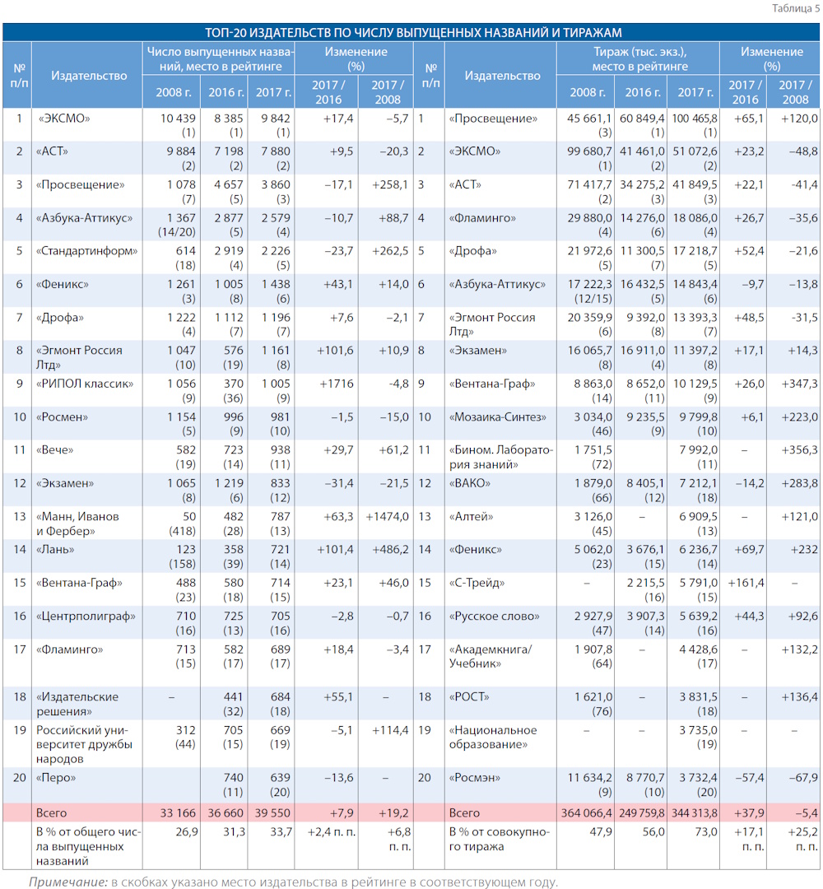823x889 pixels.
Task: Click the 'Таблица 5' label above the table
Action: pyautogui.click(x=795, y=8)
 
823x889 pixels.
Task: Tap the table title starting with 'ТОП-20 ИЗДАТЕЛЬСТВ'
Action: pyautogui.click(x=412, y=32)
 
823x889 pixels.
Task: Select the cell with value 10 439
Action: pyautogui.click(x=178, y=119)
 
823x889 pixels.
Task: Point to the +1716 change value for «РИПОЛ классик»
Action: pyautogui.click(x=337, y=384)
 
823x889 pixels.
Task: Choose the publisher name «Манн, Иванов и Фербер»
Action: pyautogui.click(x=77, y=524)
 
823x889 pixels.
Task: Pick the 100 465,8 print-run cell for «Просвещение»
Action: pyautogui.click(x=695, y=119)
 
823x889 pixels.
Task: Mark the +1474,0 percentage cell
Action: pyautogui.click(x=387, y=516)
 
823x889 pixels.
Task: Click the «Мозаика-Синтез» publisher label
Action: pyautogui.click(x=498, y=417)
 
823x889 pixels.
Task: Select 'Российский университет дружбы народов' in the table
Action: pyautogui.click(x=84, y=744)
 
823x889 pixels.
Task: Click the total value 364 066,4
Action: pyautogui.click(x=587, y=813)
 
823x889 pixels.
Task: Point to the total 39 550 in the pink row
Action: pyautogui.click(x=272, y=813)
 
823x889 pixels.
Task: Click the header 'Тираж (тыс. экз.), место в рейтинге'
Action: pyautogui.click(x=640, y=59)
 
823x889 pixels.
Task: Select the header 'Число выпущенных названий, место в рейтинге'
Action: pyautogui.click(x=221, y=59)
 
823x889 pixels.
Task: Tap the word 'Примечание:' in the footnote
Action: pyautogui.click(x=68, y=882)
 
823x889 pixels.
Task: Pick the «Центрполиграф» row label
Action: pyautogui.click(x=86, y=617)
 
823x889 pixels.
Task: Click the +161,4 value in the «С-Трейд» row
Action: pyautogui.click(x=746, y=583)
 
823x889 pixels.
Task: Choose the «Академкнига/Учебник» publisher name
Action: pyautogui.click(x=491, y=657)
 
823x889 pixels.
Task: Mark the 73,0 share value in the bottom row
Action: pyautogui.click(x=706, y=831)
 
